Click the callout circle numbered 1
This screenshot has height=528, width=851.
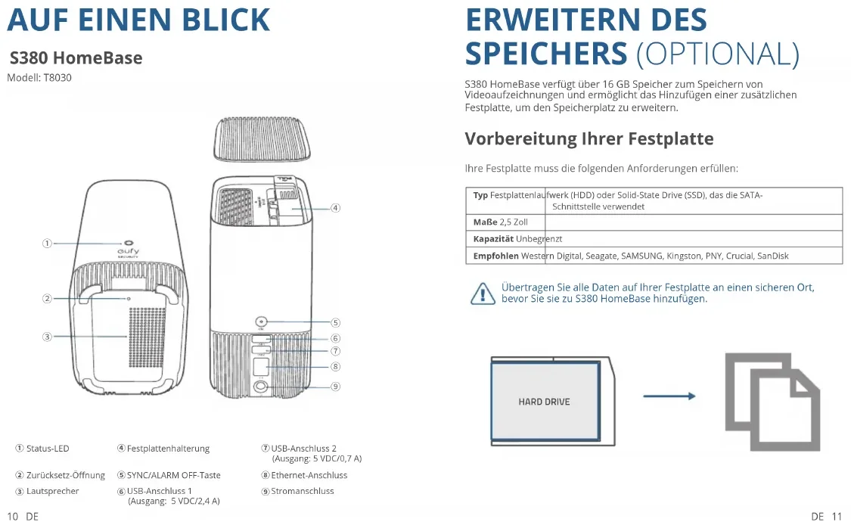click(x=47, y=243)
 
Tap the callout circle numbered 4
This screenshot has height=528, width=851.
click(x=335, y=207)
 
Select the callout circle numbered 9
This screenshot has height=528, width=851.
click(x=335, y=386)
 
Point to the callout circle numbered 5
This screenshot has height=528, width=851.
click(x=335, y=322)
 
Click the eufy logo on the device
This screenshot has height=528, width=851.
click(x=127, y=251)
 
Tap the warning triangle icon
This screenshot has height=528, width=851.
click(x=482, y=293)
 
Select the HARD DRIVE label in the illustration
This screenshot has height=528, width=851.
click(x=544, y=402)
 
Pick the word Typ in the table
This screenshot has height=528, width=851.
click(x=480, y=195)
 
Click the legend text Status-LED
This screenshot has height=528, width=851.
click(x=48, y=449)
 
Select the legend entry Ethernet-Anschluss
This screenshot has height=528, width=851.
click(x=309, y=475)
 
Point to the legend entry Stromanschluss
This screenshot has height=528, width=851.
click(x=303, y=491)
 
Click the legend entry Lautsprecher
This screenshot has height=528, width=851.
click(x=52, y=491)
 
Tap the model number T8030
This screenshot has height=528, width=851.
click(x=57, y=78)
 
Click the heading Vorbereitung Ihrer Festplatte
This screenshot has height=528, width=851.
click(x=589, y=138)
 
